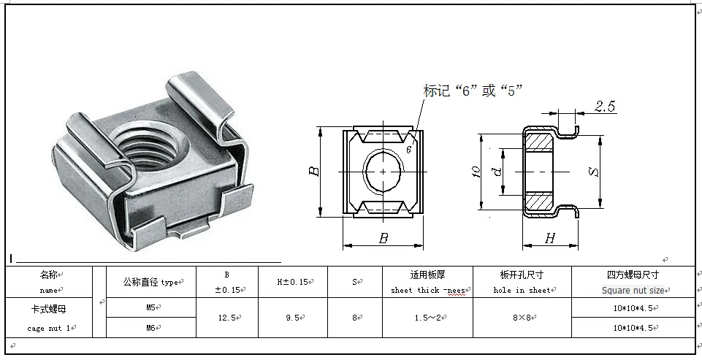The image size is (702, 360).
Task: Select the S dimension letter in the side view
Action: pyautogui.click(x=595, y=172)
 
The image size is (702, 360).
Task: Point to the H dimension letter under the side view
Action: pyautogui.click(x=549, y=238)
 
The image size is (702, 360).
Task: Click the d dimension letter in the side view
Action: pyautogui.click(x=497, y=172)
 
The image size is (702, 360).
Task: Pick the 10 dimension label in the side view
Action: pyautogui.click(x=476, y=172)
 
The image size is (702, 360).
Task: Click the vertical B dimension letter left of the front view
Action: pyautogui.click(x=313, y=171)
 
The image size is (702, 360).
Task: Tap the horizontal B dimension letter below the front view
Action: pyautogui.click(x=383, y=238)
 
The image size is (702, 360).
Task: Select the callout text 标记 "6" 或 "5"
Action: pyautogui.click(x=473, y=91)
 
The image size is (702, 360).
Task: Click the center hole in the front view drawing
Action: pyautogui.click(x=384, y=171)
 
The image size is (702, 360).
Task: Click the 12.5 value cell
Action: pyautogui.click(x=226, y=318)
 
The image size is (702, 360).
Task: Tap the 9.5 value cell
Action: pyautogui.click(x=292, y=318)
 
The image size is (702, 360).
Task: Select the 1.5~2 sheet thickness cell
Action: pyautogui.click(x=427, y=318)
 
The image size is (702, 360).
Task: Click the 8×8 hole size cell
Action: pyautogui.click(x=522, y=318)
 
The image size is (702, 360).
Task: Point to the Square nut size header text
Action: pyautogui.click(x=632, y=290)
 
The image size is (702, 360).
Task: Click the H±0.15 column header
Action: pyautogui.click(x=292, y=282)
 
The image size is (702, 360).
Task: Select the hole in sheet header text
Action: pyautogui.click(x=522, y=290)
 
